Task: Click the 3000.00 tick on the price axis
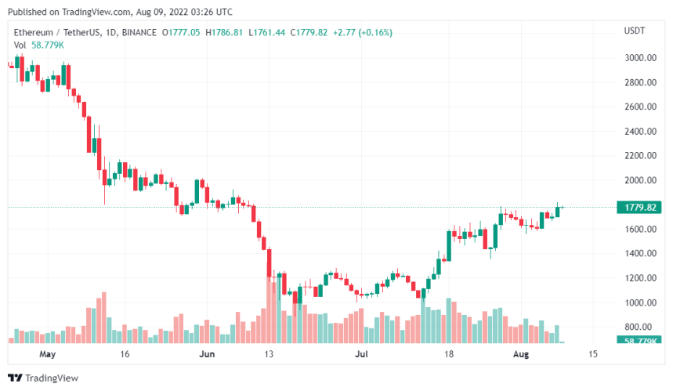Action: click(639, 58)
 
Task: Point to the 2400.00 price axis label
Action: click(639, 132)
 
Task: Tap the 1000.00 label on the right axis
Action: click(639, 302)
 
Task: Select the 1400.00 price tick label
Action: click(639, 254)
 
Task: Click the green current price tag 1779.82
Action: click(640, 208)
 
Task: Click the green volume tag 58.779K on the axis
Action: click(640, 341)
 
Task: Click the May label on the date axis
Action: click(48, 354)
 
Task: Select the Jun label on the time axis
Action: click(207, 354)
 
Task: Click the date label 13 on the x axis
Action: click(268, 354)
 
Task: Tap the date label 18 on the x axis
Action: click(450, 354)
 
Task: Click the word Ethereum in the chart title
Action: click(34, 32)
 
